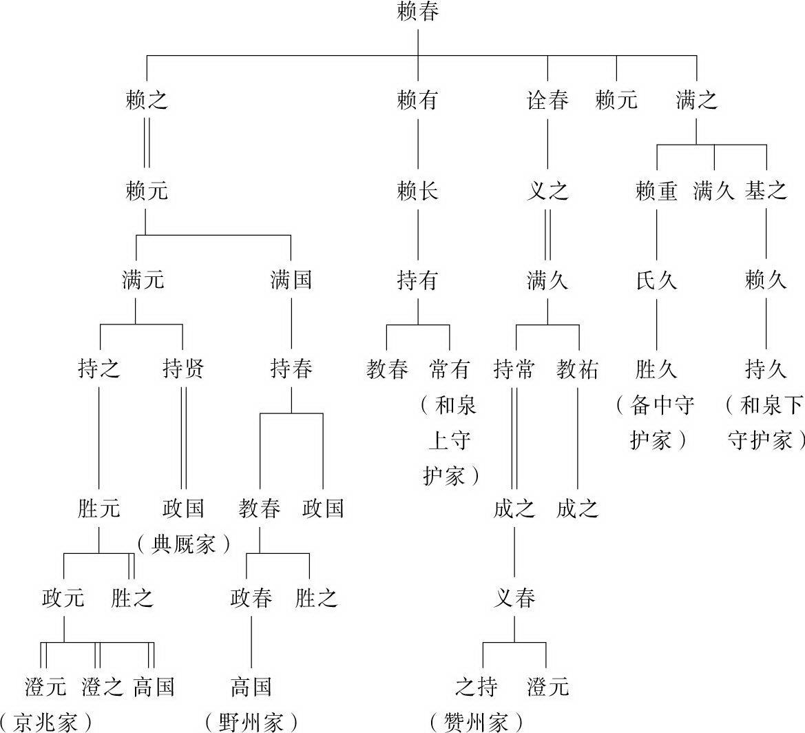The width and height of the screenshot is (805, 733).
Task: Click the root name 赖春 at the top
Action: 418,12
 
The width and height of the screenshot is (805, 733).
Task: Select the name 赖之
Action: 146,101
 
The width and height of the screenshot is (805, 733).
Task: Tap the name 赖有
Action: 418,101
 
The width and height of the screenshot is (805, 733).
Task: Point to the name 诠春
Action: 547,101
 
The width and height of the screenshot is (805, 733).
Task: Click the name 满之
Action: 696,101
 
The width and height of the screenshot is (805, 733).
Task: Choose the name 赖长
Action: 418,190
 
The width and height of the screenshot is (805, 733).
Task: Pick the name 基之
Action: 766,190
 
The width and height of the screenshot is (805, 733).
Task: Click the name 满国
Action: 291,280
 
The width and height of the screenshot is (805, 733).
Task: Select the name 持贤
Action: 183,369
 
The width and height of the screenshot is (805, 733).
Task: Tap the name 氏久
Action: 656,280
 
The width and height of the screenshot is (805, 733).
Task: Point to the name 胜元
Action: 99,508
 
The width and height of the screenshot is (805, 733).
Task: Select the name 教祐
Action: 578,369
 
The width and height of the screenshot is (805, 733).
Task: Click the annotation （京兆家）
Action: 47,722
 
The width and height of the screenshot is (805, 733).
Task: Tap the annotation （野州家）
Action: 251,722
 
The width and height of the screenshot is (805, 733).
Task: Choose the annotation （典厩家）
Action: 182,545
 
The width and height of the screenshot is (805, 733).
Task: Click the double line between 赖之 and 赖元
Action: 146,145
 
